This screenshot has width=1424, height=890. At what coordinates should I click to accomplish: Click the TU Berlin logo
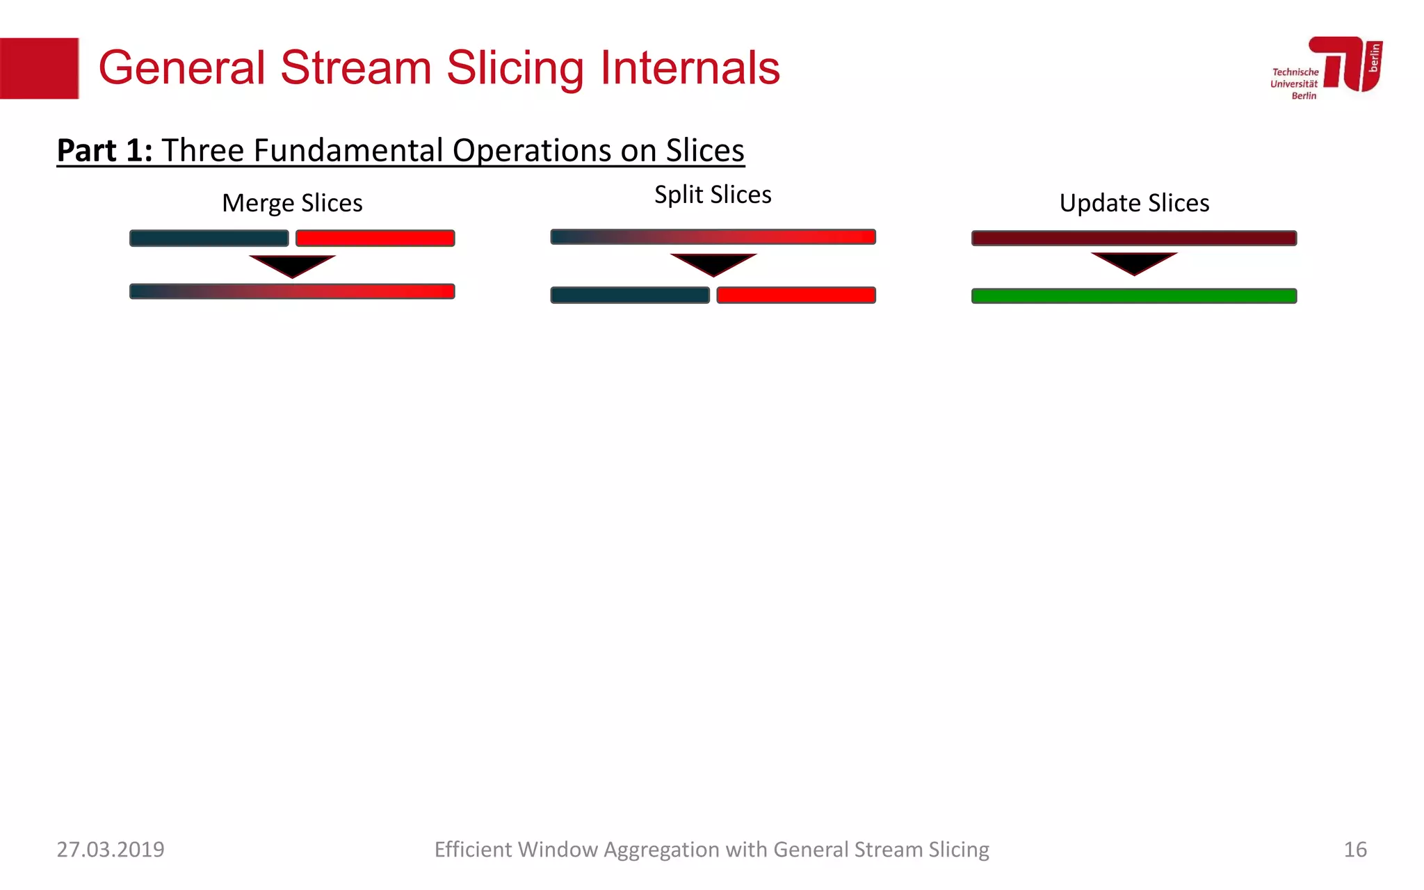[1327, 67]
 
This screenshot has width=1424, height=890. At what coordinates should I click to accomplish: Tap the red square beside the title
[39, 68]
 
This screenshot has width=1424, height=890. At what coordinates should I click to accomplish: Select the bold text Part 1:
[104, 150]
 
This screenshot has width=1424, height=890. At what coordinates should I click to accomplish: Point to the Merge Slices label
[292, 203]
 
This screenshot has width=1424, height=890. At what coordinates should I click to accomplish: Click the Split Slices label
[713, 195]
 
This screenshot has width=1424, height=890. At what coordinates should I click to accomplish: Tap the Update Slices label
[1134, 203]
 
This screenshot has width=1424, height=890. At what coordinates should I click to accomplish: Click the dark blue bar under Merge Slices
[209, 238]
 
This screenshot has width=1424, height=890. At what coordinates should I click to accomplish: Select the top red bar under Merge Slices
[375, 238]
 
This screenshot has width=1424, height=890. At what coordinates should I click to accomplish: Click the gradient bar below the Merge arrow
[292, 291]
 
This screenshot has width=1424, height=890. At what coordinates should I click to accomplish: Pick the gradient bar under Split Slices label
[713, 237]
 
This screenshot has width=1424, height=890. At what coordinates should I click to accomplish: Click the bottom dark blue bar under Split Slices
[630, 296]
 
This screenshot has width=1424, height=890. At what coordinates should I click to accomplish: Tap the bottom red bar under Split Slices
[796, 296]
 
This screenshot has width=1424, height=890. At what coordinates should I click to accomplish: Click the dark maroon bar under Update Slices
[1134, 238]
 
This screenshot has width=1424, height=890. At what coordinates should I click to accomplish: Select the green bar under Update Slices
[1134, 296]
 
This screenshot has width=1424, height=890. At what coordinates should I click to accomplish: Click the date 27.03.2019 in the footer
[111, 850]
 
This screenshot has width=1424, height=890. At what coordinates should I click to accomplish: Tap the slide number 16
[1355, 850]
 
